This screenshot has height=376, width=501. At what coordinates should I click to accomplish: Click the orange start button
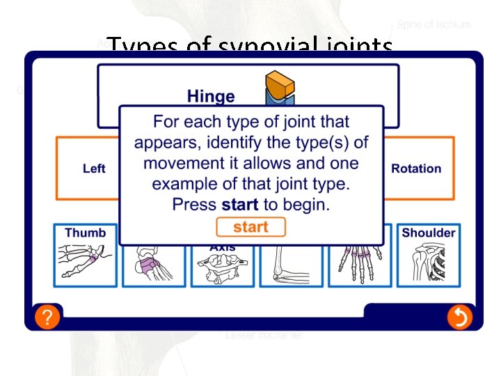(250, 227)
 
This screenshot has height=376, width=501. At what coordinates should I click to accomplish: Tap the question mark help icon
(46, 318)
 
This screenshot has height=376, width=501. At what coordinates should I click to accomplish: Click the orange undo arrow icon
(459, 318)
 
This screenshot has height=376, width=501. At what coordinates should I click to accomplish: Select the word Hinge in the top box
(211, 96)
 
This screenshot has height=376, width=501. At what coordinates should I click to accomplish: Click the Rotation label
(416, 169)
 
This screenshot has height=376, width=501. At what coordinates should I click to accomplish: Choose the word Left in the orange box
(94, 169)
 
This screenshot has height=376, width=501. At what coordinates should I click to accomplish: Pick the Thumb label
(86, 233)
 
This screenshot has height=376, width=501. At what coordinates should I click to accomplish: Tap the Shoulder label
(428, 233)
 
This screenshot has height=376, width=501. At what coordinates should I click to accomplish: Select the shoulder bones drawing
(427, 265)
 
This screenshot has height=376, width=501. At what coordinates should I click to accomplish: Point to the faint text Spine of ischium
(434, 24)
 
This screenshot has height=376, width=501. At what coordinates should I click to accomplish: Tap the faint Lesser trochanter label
(264, 336)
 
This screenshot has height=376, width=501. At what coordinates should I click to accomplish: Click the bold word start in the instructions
(239, 205)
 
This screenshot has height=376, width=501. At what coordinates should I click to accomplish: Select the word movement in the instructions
(182, 164)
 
